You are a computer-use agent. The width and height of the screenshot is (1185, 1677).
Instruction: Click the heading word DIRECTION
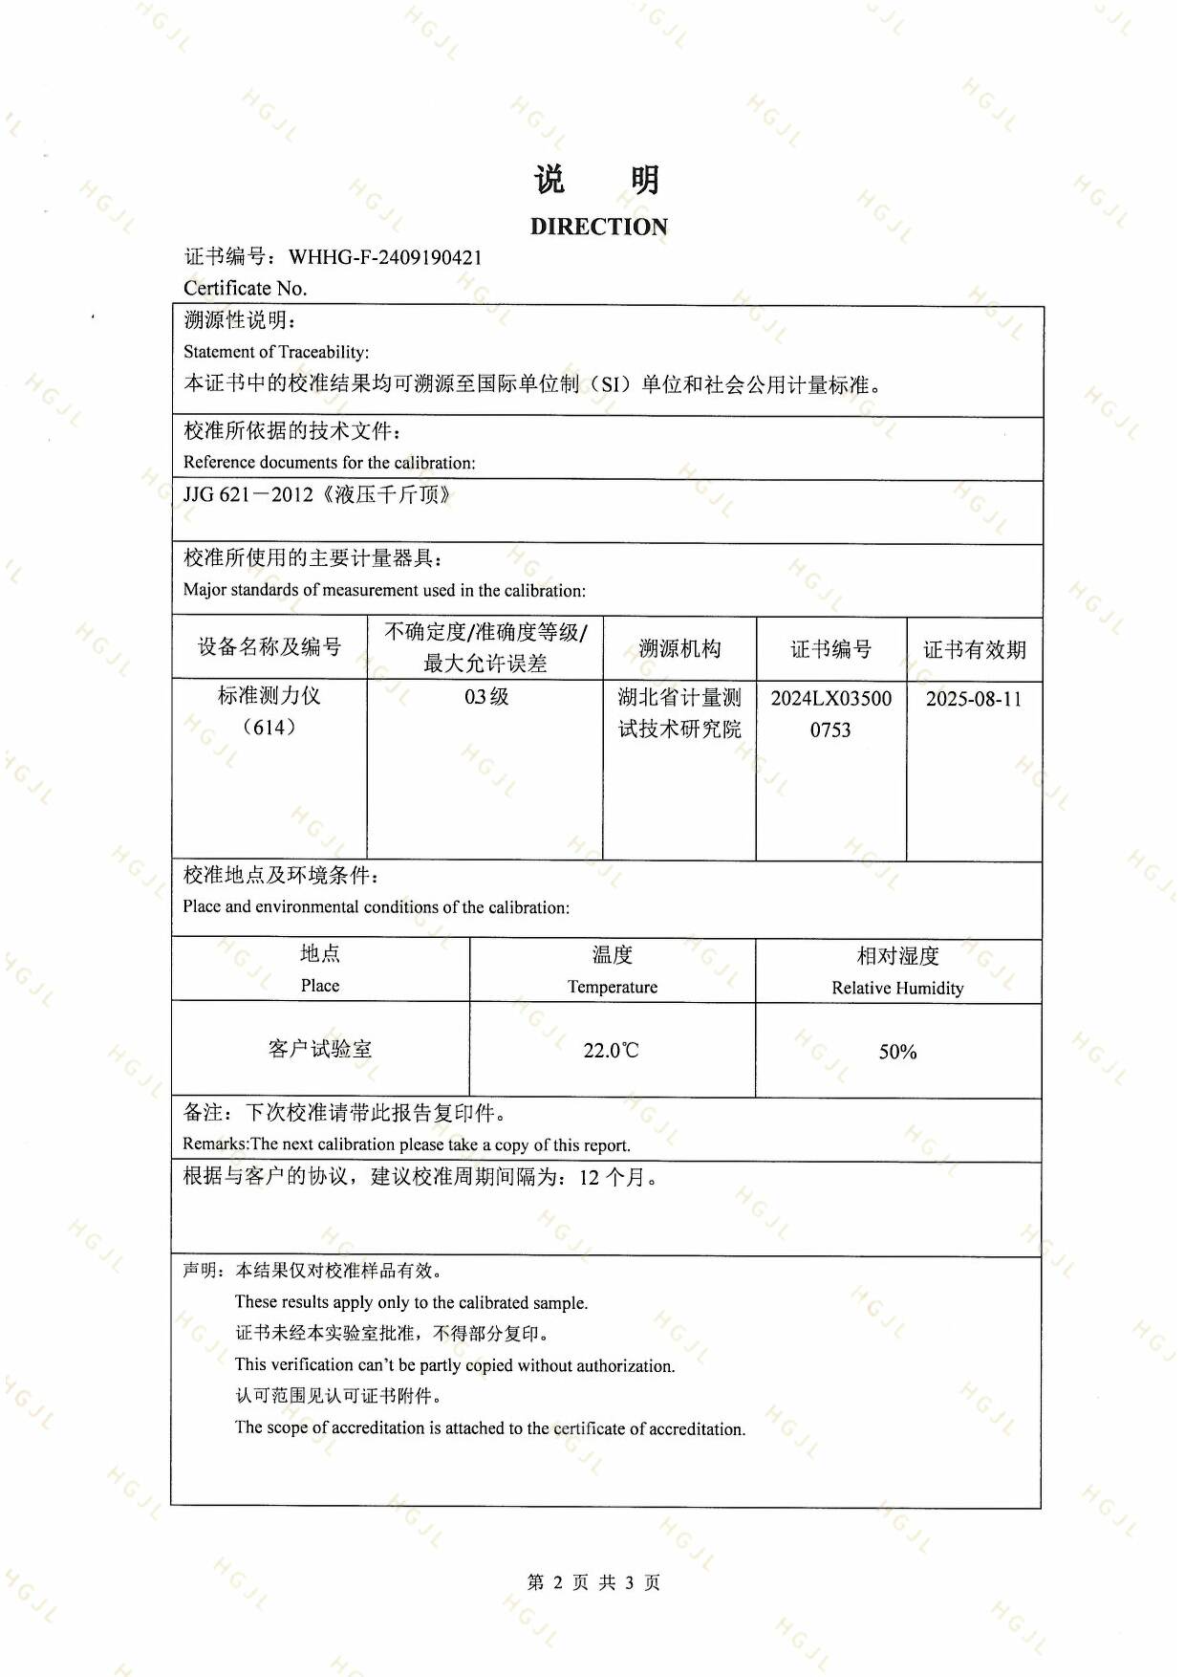point(598,227)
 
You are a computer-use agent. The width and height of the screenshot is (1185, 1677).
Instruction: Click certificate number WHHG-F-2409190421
point(385,257)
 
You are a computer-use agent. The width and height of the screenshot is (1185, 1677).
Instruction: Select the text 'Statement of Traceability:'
point(276,352)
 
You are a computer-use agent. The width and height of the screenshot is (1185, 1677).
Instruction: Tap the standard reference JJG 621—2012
point(248,495)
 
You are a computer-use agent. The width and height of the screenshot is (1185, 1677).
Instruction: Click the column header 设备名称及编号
point(269,647)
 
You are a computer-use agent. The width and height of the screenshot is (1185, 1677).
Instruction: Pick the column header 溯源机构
point(679,649)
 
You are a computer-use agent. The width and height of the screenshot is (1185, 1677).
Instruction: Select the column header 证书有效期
point(974,650)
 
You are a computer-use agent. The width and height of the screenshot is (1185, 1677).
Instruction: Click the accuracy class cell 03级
point(486,697)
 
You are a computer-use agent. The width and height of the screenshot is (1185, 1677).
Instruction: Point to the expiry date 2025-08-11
point(974,699)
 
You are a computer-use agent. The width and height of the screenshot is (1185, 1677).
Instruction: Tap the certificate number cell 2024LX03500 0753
point(830,713)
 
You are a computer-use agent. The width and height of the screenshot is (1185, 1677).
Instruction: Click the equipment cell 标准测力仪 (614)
point(269,711)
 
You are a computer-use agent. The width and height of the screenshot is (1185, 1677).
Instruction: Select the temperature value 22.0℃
point(611,1051)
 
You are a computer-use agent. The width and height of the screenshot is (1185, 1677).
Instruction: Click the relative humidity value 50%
point(897,1052)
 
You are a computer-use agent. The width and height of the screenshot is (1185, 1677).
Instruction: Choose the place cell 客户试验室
point(320,1049)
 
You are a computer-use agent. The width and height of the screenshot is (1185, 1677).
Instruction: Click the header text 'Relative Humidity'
point(897,988)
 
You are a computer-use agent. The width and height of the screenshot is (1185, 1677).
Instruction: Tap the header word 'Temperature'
point(612,987)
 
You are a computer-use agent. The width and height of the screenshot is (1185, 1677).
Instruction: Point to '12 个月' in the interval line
point(612,1178)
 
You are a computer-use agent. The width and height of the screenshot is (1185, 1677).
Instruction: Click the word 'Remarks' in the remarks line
point(215,1144)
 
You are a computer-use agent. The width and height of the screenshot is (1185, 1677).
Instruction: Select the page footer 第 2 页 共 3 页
point(593,1582)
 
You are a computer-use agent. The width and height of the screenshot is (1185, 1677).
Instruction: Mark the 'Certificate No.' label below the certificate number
point(245,288)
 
